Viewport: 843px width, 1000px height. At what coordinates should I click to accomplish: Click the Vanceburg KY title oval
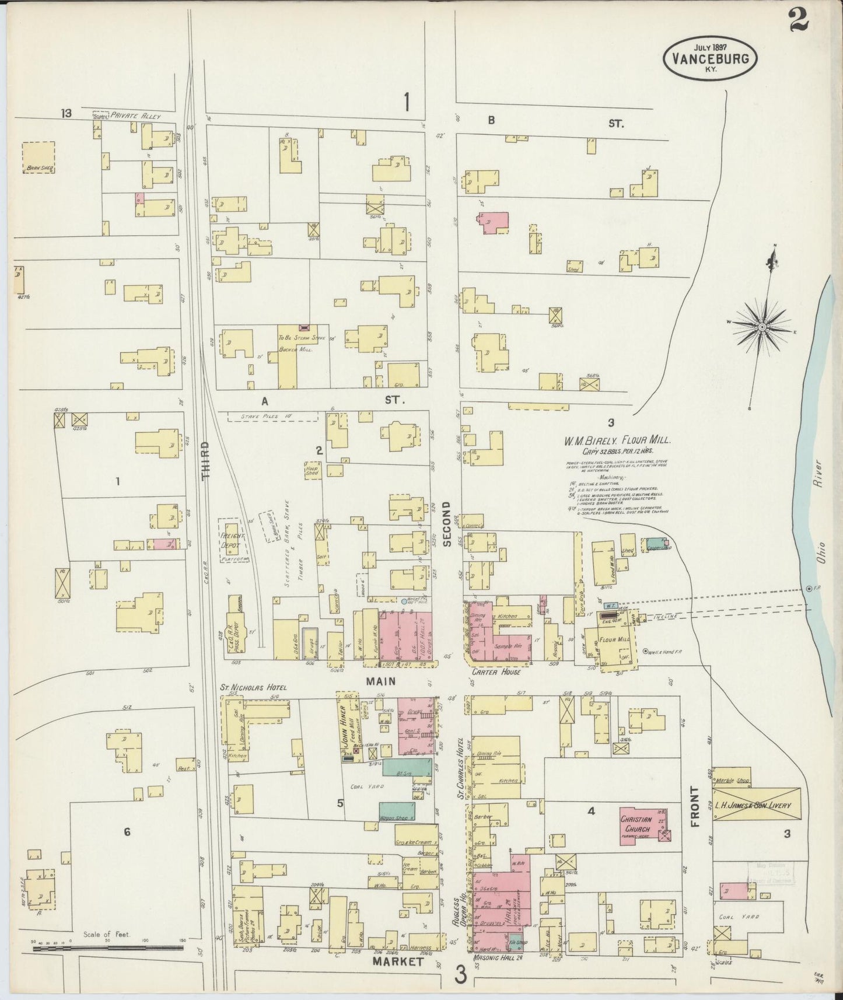pos(710,58)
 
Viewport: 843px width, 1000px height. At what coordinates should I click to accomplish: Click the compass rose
pos(761,328)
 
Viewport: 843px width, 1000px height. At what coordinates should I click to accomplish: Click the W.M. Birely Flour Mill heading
pos(617,442)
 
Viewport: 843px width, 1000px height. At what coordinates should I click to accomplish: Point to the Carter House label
pos(493,672)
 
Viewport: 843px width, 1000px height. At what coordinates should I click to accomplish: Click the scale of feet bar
pos(108,949)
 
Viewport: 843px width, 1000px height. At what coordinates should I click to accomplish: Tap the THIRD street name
pos(205,460)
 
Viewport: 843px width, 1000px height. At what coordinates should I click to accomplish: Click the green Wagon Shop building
pos(397,810)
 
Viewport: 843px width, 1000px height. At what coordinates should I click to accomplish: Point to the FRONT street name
pos(695,807)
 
